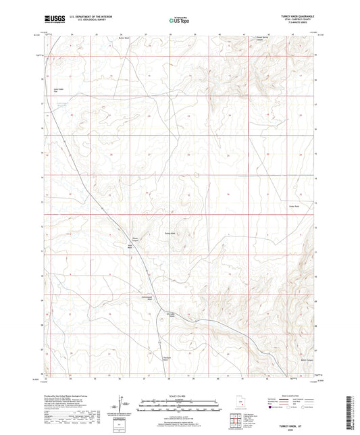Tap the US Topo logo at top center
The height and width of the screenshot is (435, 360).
coord(179,20)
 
